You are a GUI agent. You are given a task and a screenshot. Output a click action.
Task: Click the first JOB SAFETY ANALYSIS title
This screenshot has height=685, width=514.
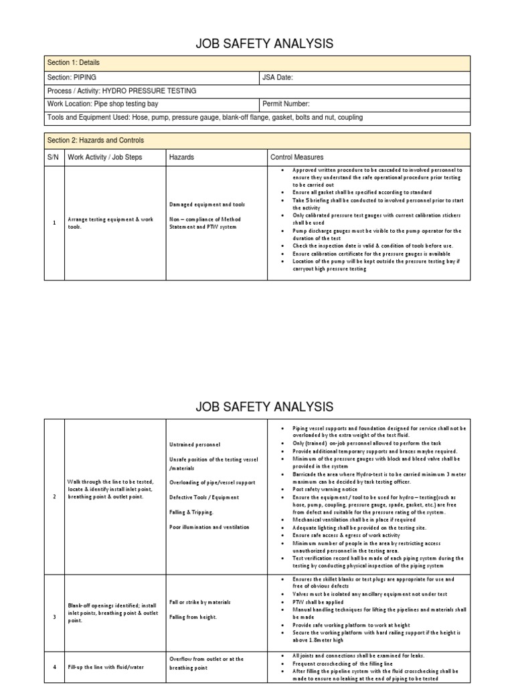pos(263,44)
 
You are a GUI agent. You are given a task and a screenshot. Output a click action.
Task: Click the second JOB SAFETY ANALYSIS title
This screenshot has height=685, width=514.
pos(263,406)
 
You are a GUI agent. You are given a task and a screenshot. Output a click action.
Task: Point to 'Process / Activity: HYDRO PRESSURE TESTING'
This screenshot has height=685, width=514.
pos(122,90)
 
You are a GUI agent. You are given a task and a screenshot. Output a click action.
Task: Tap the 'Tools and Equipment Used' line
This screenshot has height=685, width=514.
pos(205,117)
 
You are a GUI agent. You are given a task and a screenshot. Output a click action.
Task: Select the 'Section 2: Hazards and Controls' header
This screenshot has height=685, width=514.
pos(96,140)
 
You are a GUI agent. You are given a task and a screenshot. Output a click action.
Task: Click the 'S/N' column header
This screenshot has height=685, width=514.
pos(53,157)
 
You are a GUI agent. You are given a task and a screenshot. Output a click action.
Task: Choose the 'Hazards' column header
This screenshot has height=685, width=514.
pos(182,157)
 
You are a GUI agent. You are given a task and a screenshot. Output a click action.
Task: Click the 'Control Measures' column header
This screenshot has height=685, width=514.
pos(297,157)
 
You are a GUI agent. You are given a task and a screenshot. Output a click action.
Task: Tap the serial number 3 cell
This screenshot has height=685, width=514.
pos(54,617)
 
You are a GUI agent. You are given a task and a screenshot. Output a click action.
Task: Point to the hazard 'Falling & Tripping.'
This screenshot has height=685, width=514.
pos(191,512)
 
